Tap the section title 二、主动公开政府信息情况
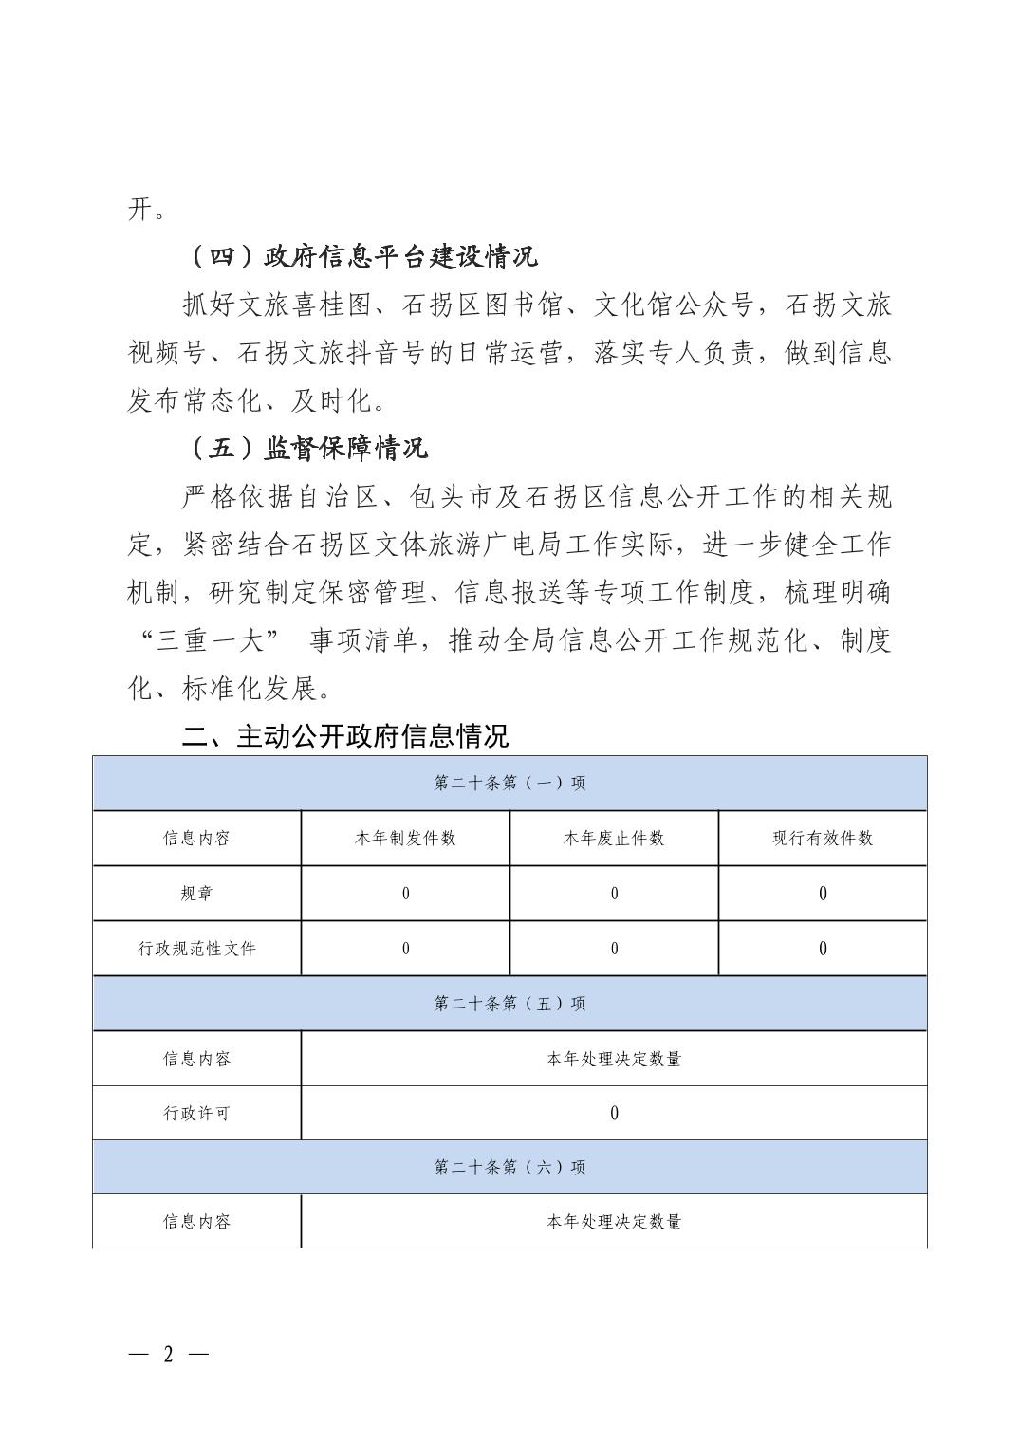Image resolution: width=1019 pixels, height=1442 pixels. tap(345, 735)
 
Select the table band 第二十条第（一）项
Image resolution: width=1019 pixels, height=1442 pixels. tap(509, 783)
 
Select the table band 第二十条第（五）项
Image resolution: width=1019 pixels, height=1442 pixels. tap(509, 1003)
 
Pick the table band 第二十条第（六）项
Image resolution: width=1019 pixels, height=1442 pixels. tap(509, 1167)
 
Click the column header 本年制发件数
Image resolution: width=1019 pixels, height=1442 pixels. tap(405, 838)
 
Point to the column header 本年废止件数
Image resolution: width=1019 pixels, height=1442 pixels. tap(614, 838)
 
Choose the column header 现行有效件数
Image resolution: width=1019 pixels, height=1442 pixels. tap(823, 838)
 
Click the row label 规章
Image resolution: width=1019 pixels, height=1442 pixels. tap(196, 893)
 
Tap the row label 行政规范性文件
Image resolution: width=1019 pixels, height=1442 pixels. tap(196, 948)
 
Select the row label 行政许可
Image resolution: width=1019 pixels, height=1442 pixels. tap(196, 1113)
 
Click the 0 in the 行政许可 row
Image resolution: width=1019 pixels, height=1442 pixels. tap(614, 1113)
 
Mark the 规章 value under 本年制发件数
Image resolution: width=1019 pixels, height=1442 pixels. tap(405, 893)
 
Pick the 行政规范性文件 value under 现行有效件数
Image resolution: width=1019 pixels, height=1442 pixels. tap(823, 948)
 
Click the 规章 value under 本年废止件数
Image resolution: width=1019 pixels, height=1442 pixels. tap(614, 893)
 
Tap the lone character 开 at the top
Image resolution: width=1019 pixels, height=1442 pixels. tap(140, 208)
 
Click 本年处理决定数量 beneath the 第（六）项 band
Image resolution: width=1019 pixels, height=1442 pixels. tap(614, 1222)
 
